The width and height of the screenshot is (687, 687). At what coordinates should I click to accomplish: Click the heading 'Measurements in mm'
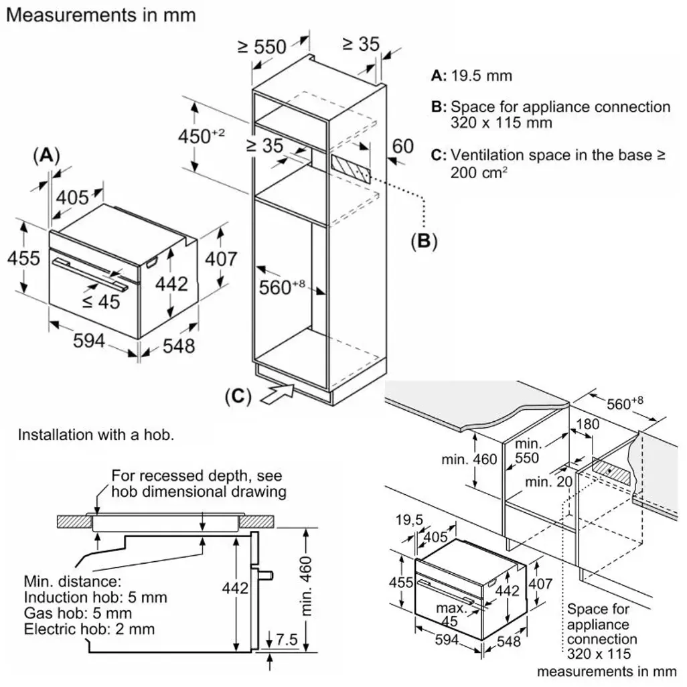pyautogui.click(x=100, y=15)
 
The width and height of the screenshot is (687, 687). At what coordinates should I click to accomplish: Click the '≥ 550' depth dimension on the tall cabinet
pyautogui.click(x=262, y=46)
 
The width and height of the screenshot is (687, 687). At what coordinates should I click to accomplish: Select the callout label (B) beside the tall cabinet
pyautogui.click(x=423, y=241)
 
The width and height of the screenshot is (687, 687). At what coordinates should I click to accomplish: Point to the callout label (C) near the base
pyautogui.click(x=238, y=396)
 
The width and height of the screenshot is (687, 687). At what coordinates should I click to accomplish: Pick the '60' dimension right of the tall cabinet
pyautogui.click(x=402, y=145)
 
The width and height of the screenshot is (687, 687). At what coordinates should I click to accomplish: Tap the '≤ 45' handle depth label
pyautogui.click(x=101, y=302)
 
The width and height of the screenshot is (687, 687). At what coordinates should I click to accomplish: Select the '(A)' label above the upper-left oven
pyautogui.click(x=46, y=155)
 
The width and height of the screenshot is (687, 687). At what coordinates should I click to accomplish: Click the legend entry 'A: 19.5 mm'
pyautogui.click(x=471, y=76)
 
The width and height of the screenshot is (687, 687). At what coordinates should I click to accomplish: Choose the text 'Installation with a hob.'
pyautogui.click(x=96, y=435)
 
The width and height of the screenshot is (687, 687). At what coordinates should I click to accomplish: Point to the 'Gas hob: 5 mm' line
pyautogui.click(x=78, y=613)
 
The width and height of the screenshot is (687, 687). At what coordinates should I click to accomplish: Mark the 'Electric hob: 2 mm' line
pyautogui.click(x=89, y=629)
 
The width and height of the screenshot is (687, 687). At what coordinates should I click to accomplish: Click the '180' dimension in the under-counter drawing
pyautogui.click(x=587, y=425)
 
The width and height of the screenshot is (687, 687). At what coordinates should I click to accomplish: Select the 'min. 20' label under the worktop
pyautogui.click(x=544, y=482)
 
